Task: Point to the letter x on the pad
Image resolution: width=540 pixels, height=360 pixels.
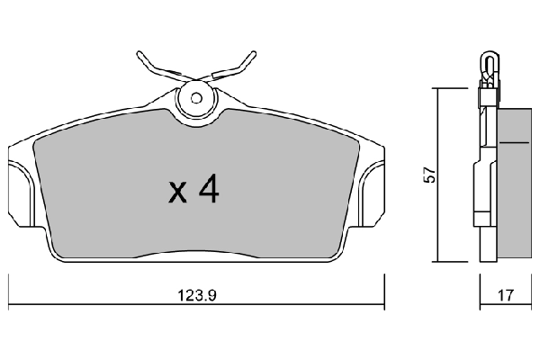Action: tap(177, 192)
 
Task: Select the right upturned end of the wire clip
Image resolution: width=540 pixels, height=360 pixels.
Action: tap(253, 51)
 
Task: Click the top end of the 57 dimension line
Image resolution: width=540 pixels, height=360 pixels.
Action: tap(436, 88)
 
